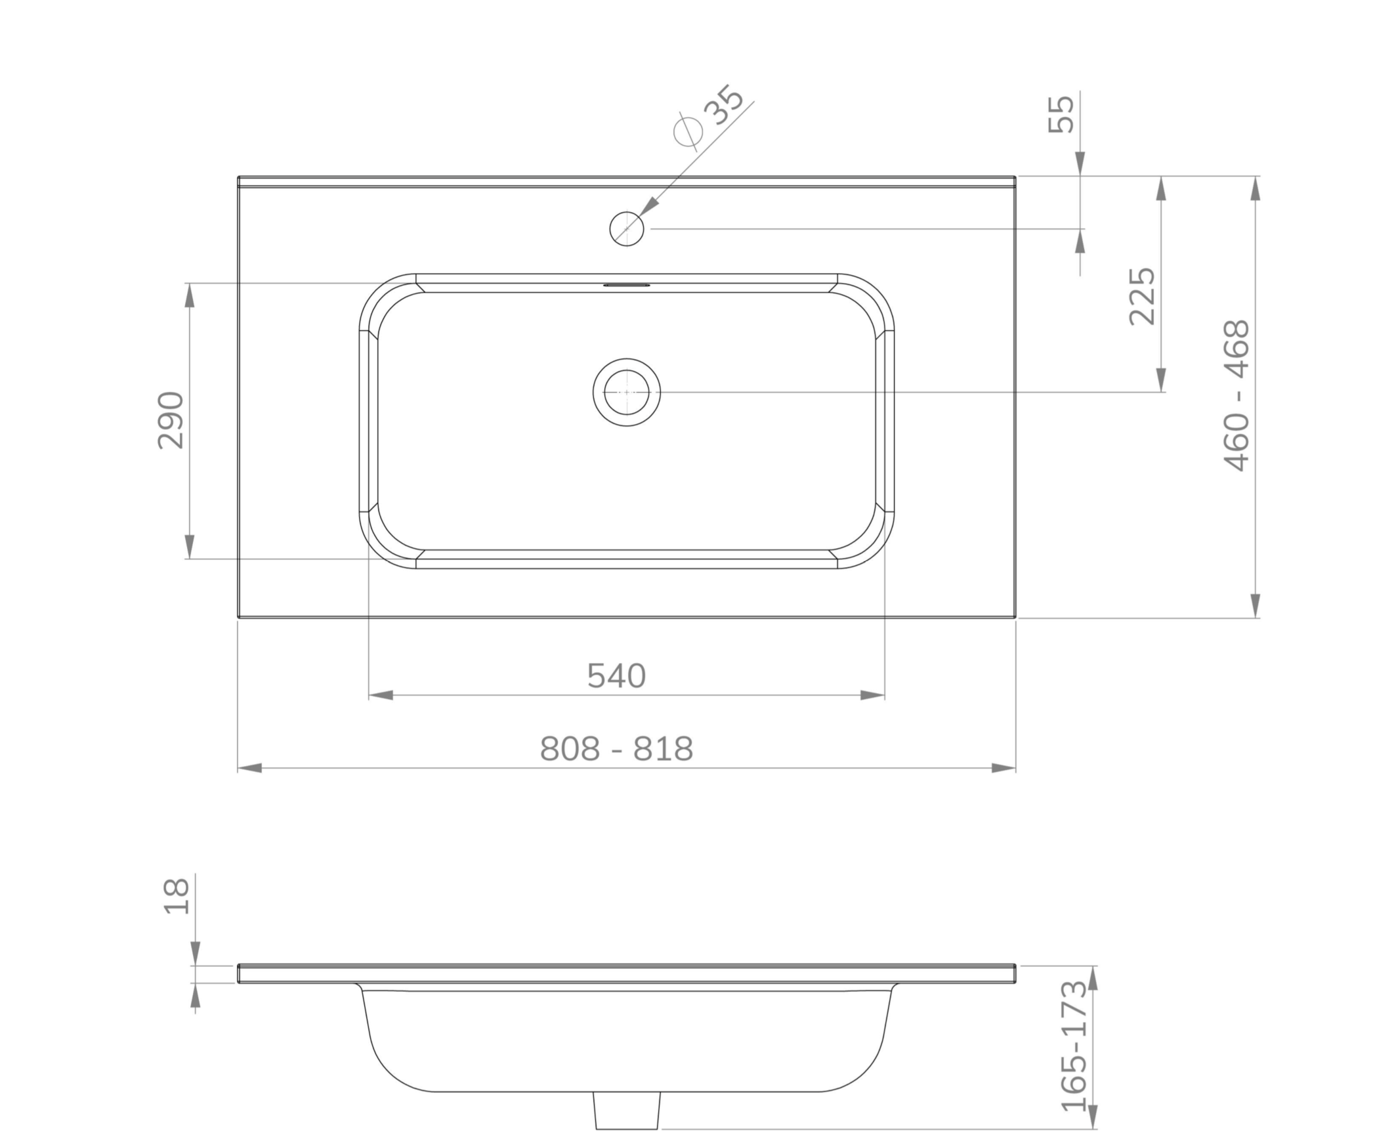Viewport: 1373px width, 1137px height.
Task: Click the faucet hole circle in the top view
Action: click(626, 228)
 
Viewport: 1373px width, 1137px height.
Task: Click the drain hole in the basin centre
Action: click(626, 392)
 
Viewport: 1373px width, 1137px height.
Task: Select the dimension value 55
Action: click(1061, 114)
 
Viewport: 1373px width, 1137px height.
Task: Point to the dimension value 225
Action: click(1141, 295)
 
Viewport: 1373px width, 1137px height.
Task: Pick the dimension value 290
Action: click(171, 420)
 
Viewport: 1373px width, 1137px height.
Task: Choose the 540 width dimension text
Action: click(616, 676)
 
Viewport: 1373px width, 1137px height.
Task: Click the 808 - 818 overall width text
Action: click(616, 748)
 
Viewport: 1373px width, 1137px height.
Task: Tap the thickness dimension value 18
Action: click(176, 895)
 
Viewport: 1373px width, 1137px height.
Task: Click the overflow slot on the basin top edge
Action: click(626, 286)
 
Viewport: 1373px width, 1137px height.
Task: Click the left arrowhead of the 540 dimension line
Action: click(381, 695)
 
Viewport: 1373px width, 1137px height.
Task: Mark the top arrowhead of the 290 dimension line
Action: click(190, 295)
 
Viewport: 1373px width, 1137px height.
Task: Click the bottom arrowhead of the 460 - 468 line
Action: click(1255, 605)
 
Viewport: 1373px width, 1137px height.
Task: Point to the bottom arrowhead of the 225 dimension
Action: click(1160, 379)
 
